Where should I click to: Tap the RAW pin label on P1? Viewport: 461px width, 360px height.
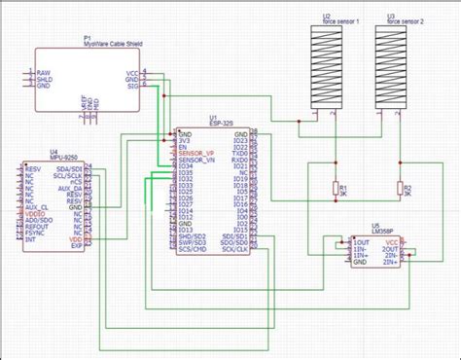tap(44, 73)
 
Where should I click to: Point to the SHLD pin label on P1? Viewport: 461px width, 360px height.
tap(45, 79)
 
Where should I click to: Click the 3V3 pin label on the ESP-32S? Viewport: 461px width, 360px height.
tap(183, 140)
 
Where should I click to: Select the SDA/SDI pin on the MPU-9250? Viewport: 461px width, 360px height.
tap(69, 167)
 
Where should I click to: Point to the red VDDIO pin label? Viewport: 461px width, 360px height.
tap(37, 213)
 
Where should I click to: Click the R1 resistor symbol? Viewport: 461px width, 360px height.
tap(337, 189)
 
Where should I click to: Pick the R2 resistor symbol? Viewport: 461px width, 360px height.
tap(398, 189)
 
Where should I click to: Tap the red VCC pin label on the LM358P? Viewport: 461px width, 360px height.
tap(392, 241)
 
